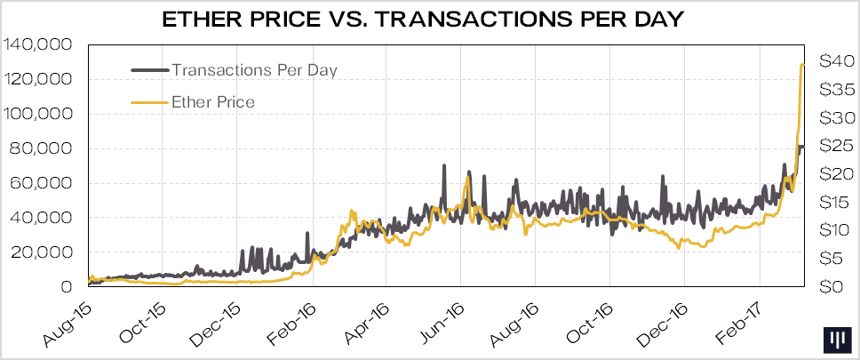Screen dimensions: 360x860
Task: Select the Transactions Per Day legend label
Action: click(x=254, y=69)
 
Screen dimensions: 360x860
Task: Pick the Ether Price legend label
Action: click(x=213, y=102)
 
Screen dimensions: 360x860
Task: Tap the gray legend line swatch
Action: click(x=149, y=69)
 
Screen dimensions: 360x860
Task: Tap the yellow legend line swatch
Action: click(x=149, y=102)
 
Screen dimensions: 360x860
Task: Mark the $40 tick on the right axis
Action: click(x=836, y=61)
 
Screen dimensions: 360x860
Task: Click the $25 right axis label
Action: click(x=836, y=146)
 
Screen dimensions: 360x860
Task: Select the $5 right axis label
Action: click(x=832, y=259)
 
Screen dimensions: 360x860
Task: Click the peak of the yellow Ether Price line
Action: click(x=802, y=64)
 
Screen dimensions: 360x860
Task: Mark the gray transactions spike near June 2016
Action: click(x=443, y=166)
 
